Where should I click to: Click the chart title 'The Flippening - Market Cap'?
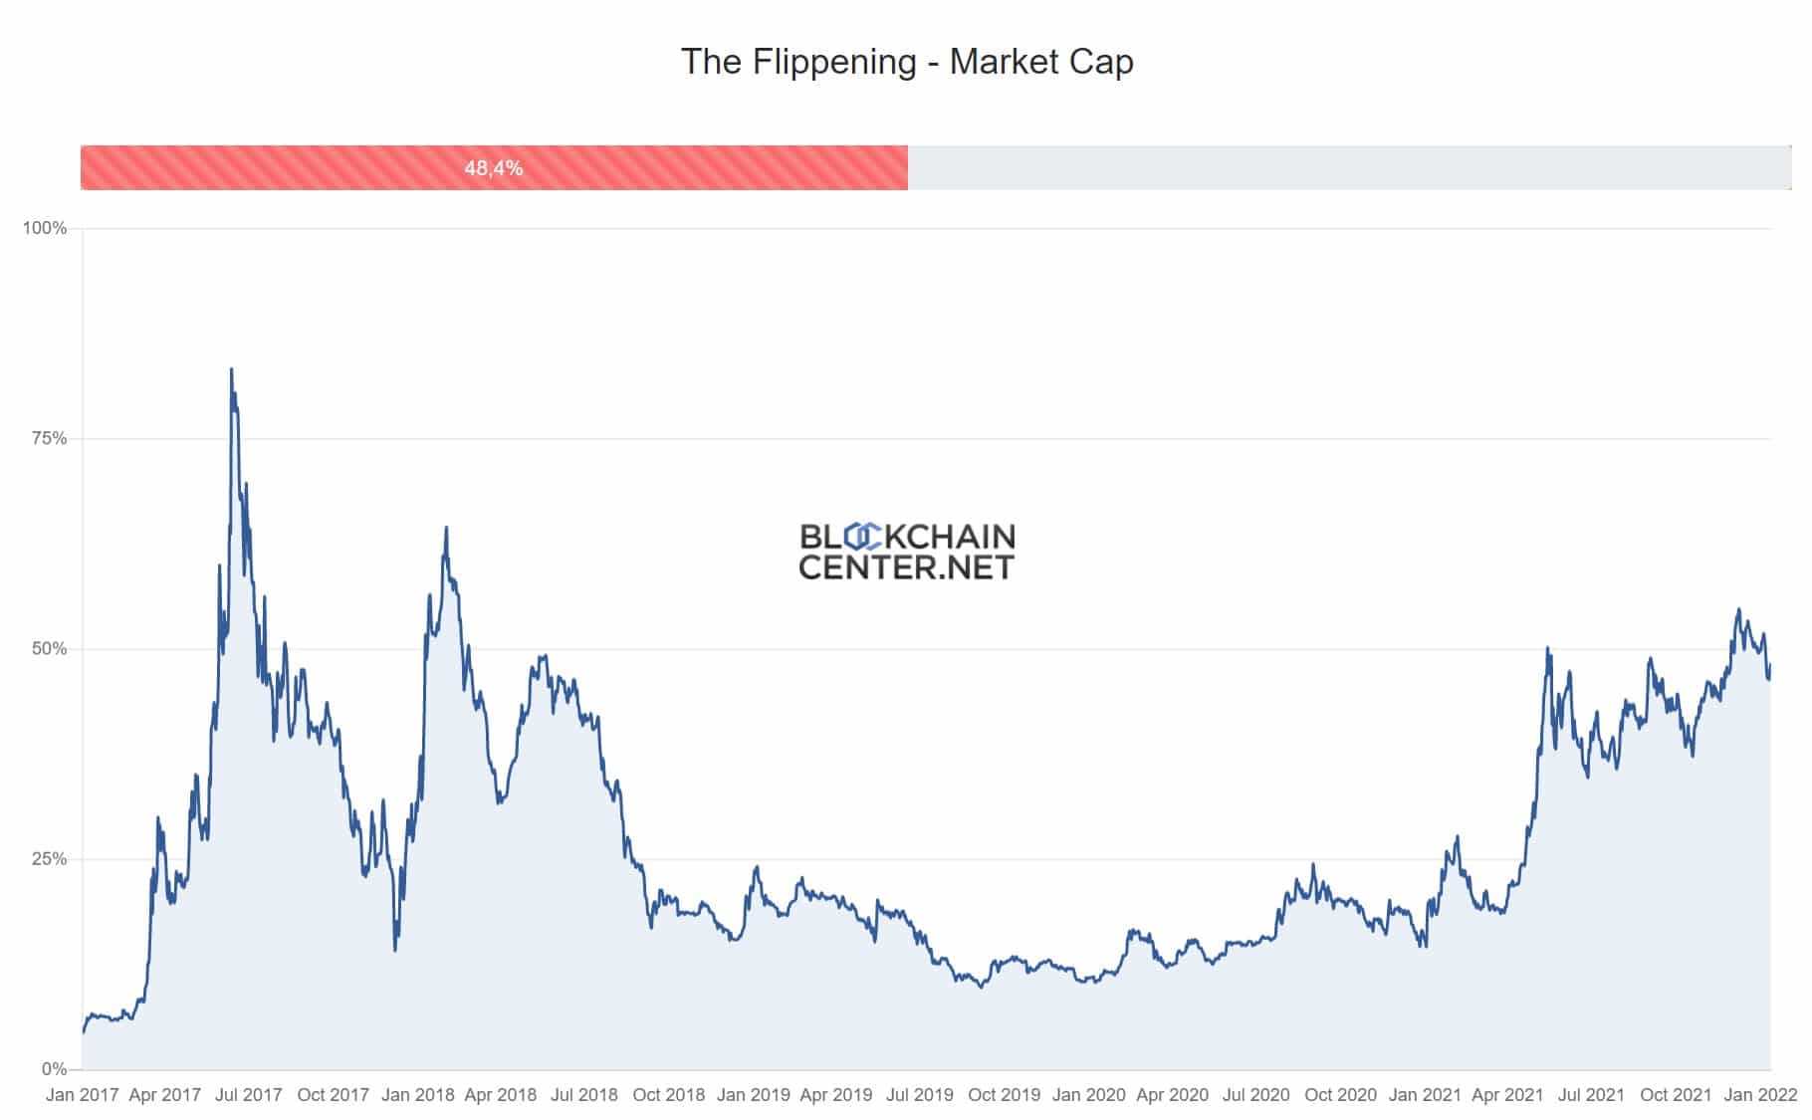pos(906,62)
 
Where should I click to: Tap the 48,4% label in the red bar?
pos(493,168)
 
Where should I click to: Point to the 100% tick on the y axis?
pos(45,228)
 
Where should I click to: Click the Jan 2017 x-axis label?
pos(82,1095)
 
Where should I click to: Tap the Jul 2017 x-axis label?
pos(249,1095)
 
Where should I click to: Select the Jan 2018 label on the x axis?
pos(417,1095)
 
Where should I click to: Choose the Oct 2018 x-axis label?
pos(669,1095)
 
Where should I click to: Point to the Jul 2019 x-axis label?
pos(920,1095)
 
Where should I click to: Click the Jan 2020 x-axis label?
pos(1088,1095)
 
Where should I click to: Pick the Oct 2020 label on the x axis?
pos(1340,1095)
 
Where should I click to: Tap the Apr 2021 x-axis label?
pos(1507,1095)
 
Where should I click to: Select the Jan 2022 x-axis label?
pos(1760,1095)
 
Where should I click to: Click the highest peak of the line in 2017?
pos(232,369)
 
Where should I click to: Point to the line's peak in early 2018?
pos(446,528)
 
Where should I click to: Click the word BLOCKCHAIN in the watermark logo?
pos(907,538)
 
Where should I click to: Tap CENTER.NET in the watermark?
pos(906,567)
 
